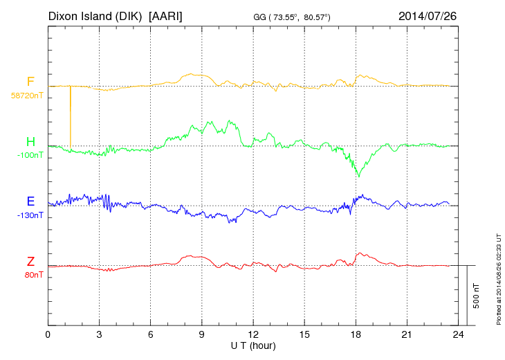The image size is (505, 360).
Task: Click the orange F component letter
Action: click(30, 82)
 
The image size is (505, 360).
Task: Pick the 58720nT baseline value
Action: click(26, 96)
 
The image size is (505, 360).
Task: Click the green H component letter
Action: click(30, 142)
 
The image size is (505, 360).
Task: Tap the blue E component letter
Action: click(30, 201)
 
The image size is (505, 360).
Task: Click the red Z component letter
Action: click(30, 262)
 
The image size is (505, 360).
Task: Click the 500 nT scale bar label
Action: click(476, 296)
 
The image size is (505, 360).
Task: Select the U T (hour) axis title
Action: click(253, 345)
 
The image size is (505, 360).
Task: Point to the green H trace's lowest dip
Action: click(358, 176)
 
